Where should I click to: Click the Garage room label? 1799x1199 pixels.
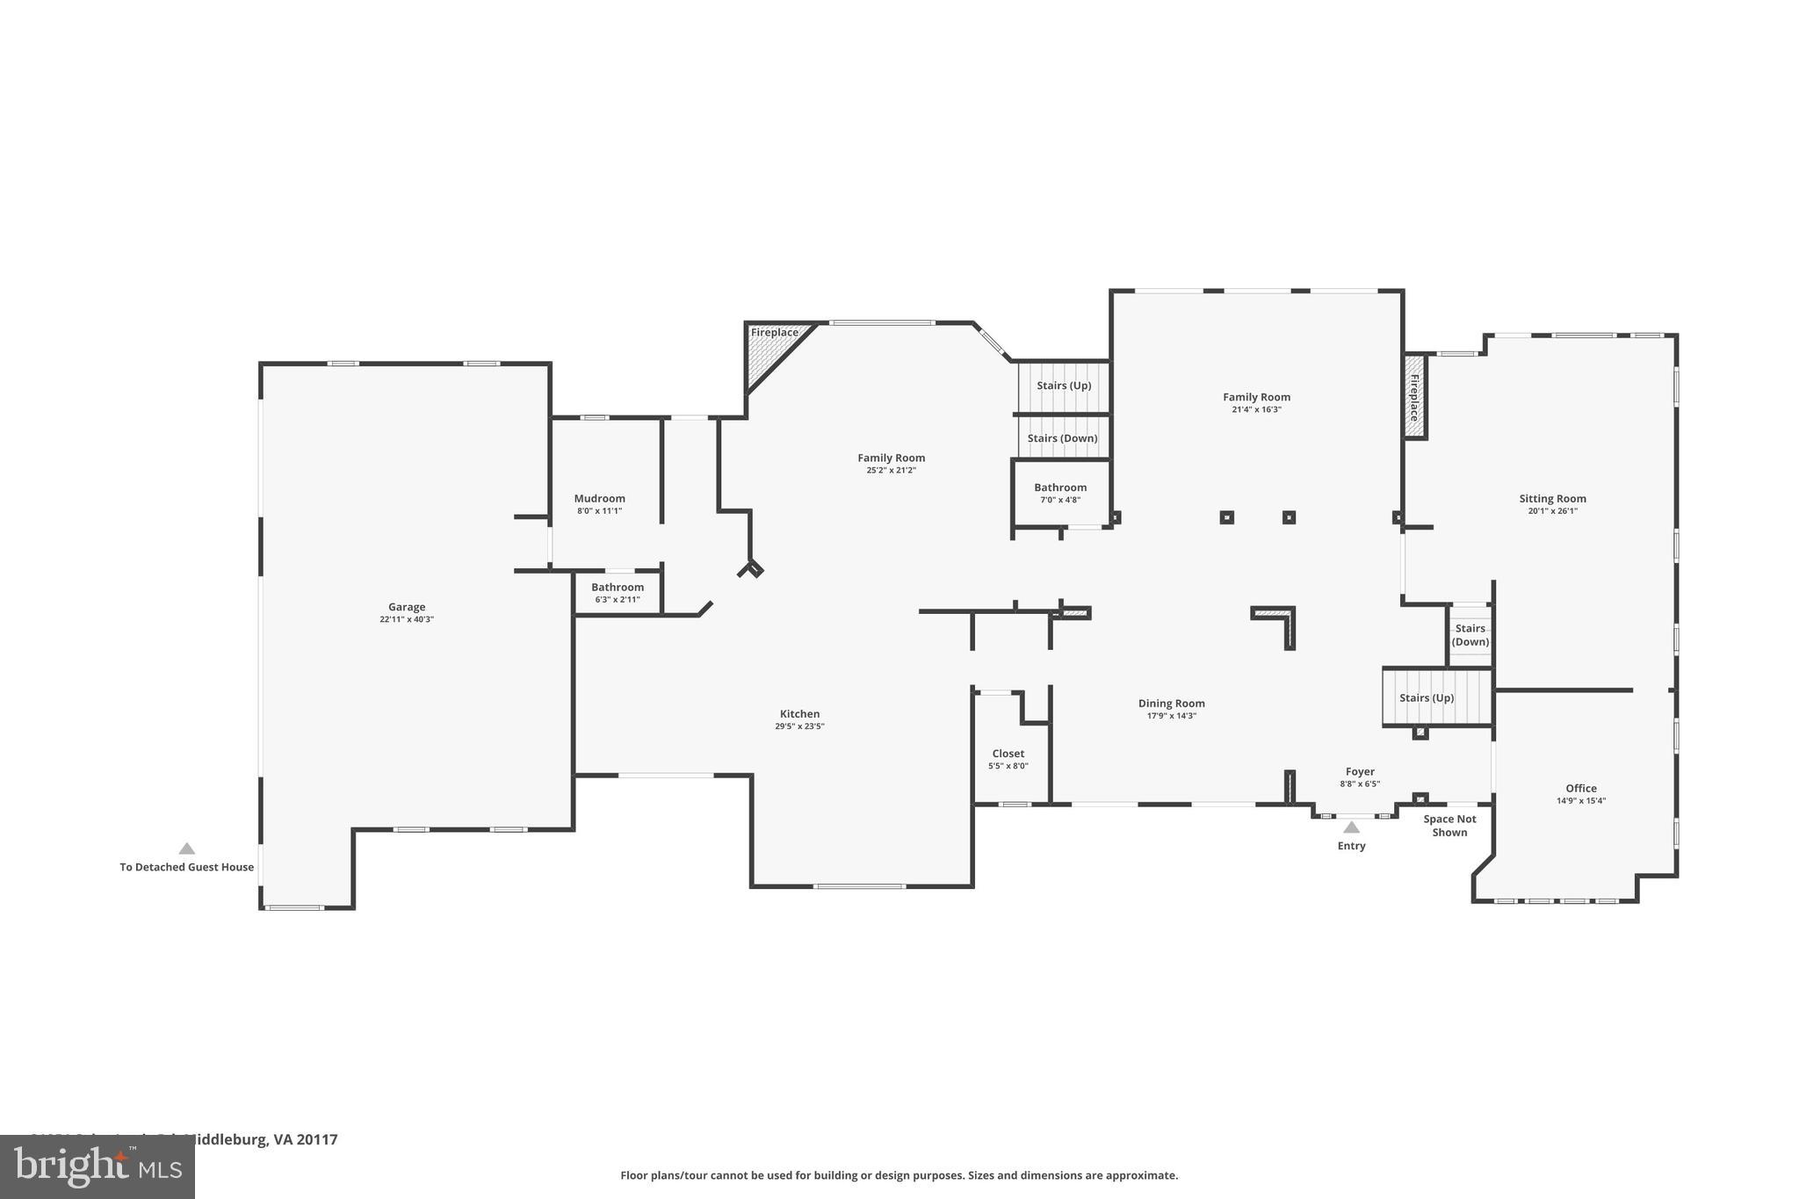point(407,607)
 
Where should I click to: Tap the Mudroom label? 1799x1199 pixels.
point(599,498)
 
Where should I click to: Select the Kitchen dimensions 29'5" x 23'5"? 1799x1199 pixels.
point(799,726)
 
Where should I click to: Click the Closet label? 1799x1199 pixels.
point(1008,754)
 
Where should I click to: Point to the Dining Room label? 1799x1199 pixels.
point(1171,703)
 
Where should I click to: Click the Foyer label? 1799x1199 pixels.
point(1360,771)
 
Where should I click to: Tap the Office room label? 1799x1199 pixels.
point(1580,788)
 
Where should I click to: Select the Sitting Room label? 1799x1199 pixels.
point(1552,498)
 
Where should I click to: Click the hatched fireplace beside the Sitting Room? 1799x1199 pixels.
point(1414,397)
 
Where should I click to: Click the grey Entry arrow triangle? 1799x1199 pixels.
point(1351,827)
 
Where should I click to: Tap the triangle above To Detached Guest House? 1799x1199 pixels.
point(186,849)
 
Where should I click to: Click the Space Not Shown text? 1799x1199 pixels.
point(1449,826)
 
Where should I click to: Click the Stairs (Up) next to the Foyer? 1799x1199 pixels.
point(1427,697)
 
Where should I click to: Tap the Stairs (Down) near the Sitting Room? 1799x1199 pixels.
point(1470,635)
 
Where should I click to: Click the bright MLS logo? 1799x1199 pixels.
point(97,1166)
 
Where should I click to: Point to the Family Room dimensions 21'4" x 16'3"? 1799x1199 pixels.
point(1256,409)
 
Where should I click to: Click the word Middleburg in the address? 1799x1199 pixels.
point(227,1139)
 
